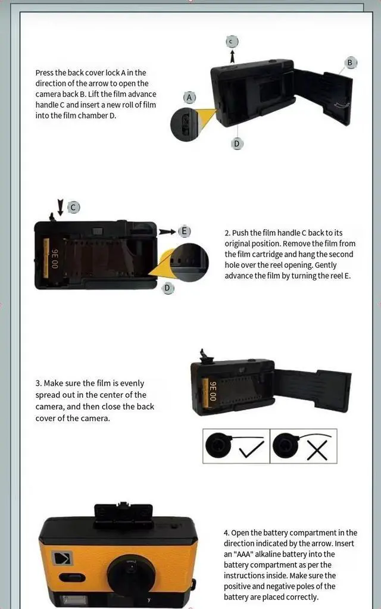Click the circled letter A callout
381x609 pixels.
tap(190, 97)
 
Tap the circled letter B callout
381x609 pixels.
tap(350, 63)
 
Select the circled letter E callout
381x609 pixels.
tap(185, 231)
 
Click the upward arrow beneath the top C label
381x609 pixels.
tap(232, 55)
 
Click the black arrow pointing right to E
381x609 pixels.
tap(167, 231)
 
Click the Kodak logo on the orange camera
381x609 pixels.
tap(61, 559)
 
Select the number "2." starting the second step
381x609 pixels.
tap(227, 233)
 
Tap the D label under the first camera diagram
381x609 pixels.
tap(237, 143)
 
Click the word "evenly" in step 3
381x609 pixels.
tap(130, 383)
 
